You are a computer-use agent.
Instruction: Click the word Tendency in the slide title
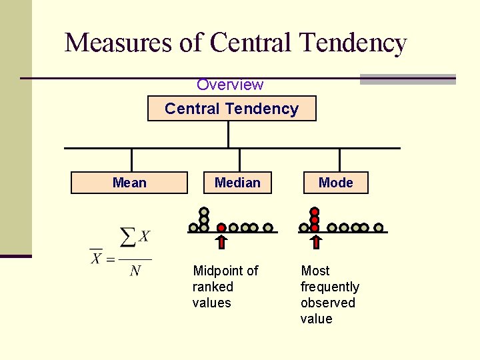tap(353, 43)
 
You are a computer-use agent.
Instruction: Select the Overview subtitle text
tap(230, 85)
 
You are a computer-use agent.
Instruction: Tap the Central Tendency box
tap(231, 109)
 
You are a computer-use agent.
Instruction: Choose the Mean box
tap(129, 183)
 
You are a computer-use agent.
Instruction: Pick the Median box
tap(237, 183)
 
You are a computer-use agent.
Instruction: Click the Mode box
tap(335, 183)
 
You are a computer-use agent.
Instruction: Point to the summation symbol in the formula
tap(128, 237)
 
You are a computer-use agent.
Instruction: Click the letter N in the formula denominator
tap(135, 271)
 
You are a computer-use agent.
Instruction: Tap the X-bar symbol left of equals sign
tap(96, 257)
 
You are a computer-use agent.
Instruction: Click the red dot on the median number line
tap(221, 227)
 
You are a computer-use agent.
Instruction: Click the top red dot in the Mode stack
tap(315, 212)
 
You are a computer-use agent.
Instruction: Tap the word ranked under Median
tap(213, 287)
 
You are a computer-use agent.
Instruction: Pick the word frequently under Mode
tap(330, 287)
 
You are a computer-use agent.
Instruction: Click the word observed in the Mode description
tap(328, 303)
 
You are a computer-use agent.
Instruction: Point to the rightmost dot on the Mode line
tap(378, 227)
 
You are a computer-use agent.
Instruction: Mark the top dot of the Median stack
tap(204, 212)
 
